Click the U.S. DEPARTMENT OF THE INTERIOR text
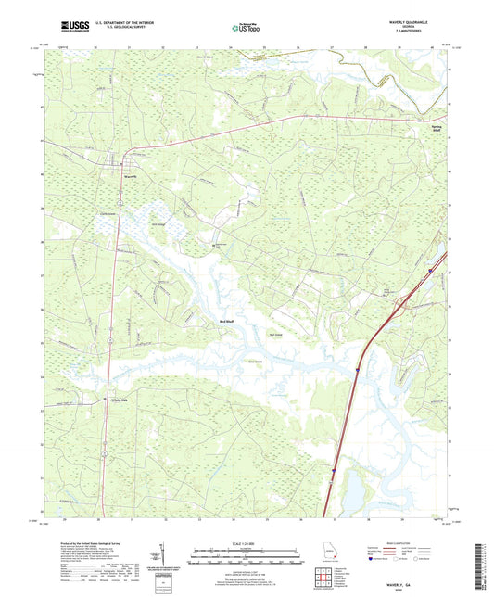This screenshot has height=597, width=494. pos(129,22)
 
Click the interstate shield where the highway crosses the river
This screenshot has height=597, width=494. pos(356,369)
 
